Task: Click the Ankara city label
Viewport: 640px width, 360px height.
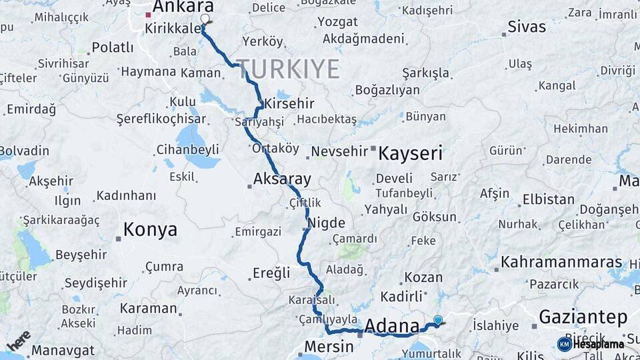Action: click(x=183, y=7)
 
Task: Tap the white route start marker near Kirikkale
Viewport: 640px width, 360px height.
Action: click(x=205, y=19)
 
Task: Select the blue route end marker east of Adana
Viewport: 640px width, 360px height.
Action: click(x=437, y=320)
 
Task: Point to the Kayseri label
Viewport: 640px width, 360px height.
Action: click(x=410, y=153)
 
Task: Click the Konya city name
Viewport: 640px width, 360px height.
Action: click(x=150, y=230)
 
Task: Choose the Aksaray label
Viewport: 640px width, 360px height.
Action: click(x=282, y=179)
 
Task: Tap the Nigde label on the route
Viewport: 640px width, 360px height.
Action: click(x=326, y=223)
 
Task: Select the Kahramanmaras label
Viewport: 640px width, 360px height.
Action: click(x=561, y=261)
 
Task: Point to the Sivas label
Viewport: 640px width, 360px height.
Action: click(x=526, y=27)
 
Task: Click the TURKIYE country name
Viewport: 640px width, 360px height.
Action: click(x=288, y=69)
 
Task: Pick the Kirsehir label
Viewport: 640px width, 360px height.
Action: click(x=289, y=104)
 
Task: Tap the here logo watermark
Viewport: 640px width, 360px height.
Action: click(x=19, y=340)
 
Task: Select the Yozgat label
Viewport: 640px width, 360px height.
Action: click(x=337, y=21)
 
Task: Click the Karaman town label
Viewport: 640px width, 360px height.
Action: click(x=148, y=309)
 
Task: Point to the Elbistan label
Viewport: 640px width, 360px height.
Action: click(x=548, y=199)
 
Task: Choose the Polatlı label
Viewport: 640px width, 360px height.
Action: click(x=113, y=47)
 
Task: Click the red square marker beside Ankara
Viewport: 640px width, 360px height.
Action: click(x=148, y=14)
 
